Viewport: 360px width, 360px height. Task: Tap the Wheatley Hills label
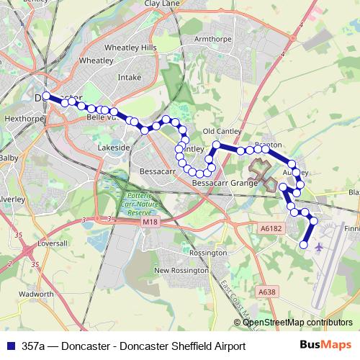(x=130, y=47)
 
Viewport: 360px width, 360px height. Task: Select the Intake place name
(x=129, y=75)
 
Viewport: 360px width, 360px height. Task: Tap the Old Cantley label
(x=220, y=131)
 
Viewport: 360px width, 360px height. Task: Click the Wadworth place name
(x=36, y=294)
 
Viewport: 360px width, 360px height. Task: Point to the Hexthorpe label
(x=19, y=115)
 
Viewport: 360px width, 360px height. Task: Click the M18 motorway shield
(x=150, y=222)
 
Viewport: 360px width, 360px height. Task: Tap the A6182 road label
(x=269, y=228)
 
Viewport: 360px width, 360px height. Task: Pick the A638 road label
(x=266, y=292)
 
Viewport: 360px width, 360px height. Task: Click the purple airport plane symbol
(x=319, y=238)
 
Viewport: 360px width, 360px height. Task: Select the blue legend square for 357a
(x=9, y=346)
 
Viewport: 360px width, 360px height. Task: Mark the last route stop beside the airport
(x=303, y=246)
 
